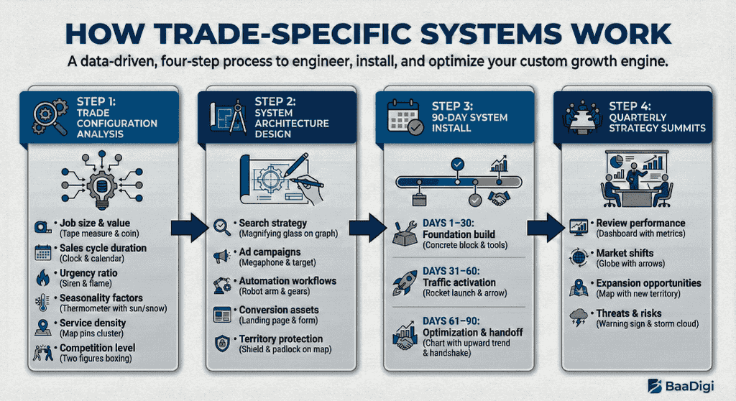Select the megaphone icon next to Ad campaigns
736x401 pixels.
221,257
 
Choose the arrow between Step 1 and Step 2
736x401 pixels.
189,229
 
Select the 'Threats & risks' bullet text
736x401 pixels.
629,313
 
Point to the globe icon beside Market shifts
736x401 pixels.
579,257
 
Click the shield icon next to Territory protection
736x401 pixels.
221,343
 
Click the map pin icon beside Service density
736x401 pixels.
42,327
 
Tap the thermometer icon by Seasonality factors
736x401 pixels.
42,302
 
